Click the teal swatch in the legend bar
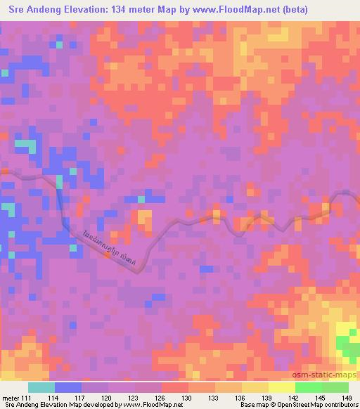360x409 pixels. click(41, 387)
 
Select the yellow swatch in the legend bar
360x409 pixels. click(281, 387)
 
